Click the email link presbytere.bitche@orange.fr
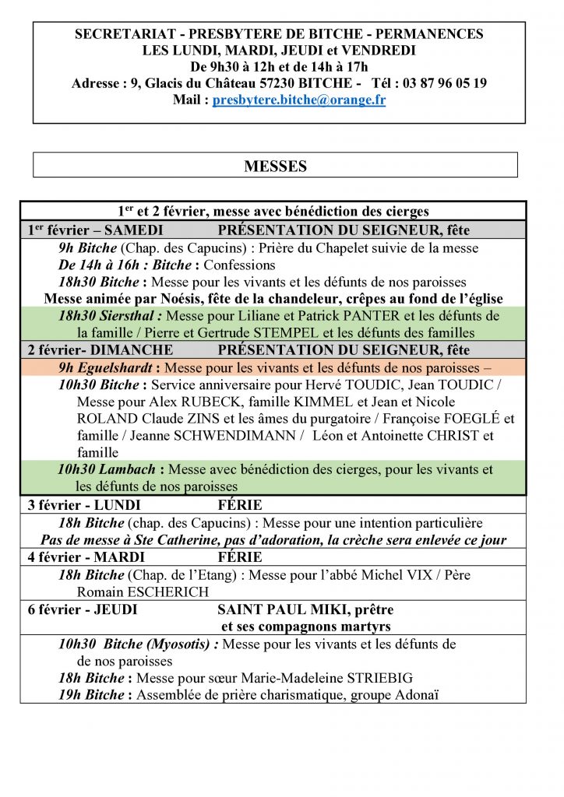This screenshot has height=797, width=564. [299, 100]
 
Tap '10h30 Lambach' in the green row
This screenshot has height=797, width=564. [111, 470]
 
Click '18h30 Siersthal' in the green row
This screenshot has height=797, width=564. [110, 316]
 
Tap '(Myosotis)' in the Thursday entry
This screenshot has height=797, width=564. [181, 644]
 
